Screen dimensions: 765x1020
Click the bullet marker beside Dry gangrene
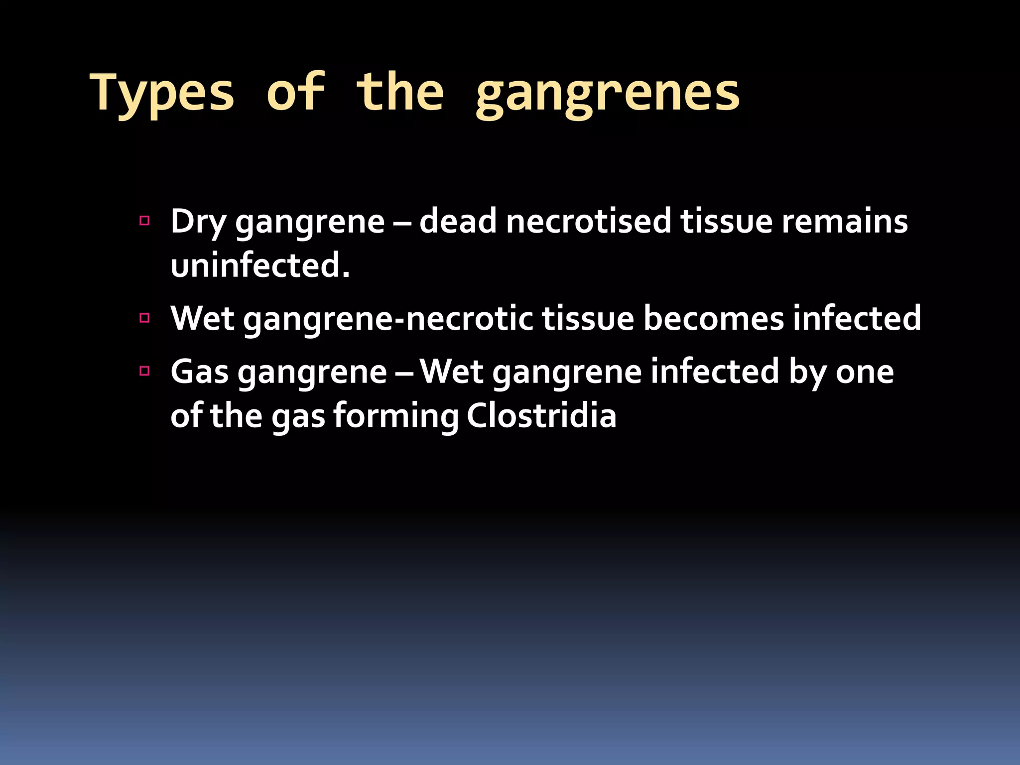145,221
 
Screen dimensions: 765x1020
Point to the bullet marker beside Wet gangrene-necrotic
145,318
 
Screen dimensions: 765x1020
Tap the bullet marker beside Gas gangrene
145,371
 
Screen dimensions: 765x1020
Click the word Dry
198,222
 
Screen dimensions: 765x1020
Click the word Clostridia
541,415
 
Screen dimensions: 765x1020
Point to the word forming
396,416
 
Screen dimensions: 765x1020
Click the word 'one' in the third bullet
865,373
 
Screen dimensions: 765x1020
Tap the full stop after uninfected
346,274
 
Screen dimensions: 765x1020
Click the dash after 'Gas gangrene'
403,373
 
